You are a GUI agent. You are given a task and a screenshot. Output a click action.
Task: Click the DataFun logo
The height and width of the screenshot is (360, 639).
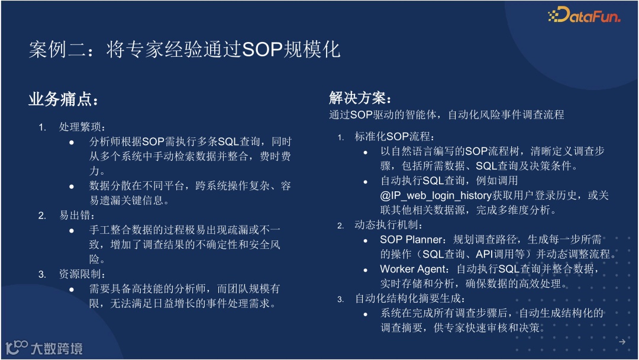pyautogui.click(x=584, y=15)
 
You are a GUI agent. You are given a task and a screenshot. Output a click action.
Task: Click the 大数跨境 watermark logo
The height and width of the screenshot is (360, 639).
pyautogui.click(x=44, y=348)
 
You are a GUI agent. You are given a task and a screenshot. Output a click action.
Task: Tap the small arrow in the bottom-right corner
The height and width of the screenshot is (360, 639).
pyautogui.click(x=622, y=342)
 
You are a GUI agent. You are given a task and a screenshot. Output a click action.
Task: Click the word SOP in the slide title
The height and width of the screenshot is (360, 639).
pyautogui.click(x=262, y=49)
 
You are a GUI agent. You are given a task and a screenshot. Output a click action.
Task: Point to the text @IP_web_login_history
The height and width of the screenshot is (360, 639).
pyautogui.click(x=435, y=196)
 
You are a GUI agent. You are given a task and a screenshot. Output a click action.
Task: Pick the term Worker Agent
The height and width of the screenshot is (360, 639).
pyautogui.click(x=413, y=269)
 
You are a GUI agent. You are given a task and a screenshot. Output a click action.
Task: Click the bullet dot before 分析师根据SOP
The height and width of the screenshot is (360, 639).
pyautogui.click(x=72, y=142)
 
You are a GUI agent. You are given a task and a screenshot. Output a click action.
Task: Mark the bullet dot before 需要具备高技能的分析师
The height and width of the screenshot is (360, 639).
pyautogui.click(x=72, y=290)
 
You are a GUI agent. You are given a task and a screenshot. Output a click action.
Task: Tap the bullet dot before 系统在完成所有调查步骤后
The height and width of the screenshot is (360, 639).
pyautogui.click(x=366, y=314)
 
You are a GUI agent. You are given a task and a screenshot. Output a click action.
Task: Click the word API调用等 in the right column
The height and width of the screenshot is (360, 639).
pyautogui.click(x=500, y=255)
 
